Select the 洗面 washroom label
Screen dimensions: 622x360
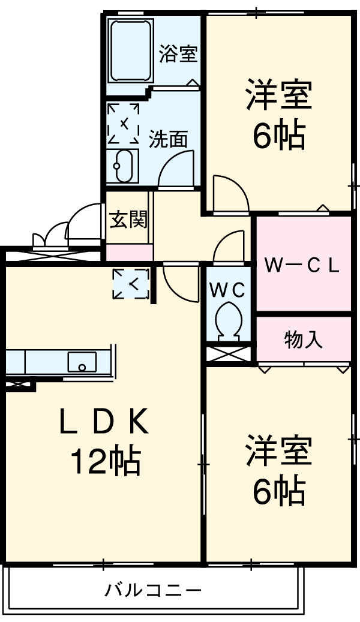(x=168, y=139)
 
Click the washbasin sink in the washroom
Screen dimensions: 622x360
(x=123, y=166)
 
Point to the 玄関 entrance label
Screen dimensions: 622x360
(x=128, y=220)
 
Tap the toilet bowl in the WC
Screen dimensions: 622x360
(x=228, y=320)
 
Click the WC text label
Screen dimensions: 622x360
(x=227, y=290)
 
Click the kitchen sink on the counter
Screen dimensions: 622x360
(x=82, y=362)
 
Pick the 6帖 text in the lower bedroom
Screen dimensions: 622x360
(x=278, y=491)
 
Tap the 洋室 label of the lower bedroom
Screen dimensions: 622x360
(x=278, y=451)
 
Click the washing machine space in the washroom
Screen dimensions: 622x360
(x=124, y=124)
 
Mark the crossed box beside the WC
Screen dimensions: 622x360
(x=228, y=353)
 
